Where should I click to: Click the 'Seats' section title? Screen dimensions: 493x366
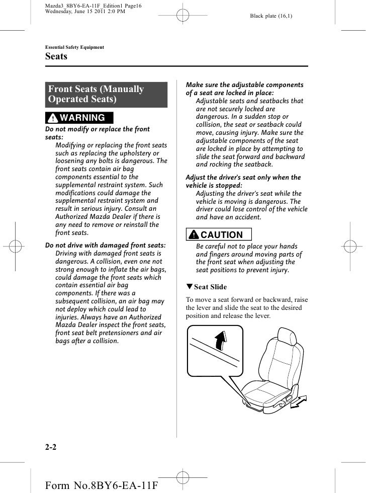(x=56, y=57)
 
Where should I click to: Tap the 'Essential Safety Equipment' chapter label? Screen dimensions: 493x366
(x=74, y=47)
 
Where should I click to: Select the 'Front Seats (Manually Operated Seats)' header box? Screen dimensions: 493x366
(x=106, y=95)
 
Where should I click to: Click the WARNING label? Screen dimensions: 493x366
(x=79, y=118)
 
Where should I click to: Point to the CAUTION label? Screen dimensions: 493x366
(x=218, y=235)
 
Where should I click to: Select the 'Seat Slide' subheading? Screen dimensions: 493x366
(x=210, y=287)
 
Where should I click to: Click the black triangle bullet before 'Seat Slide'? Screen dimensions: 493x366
(x=189, y=287)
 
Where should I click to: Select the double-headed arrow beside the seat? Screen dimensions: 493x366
(x=299, y=401)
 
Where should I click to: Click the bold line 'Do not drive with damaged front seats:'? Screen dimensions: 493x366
(x=106, y=245)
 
